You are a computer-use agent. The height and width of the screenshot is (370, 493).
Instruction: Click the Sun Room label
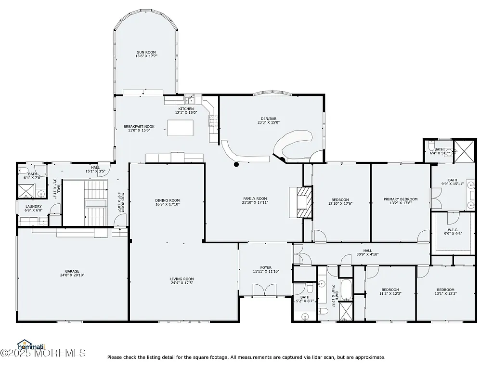[x=146, y=53]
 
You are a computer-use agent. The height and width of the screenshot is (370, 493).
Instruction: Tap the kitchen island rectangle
[x=180, y=128]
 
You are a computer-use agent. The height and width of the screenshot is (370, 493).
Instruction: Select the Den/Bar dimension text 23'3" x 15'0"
[x=269, y=122]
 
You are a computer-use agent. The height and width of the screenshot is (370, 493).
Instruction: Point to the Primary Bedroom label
[x=400, y=199]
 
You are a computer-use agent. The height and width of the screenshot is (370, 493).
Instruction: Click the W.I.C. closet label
[x=453, y=230]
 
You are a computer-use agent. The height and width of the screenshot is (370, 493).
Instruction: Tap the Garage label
[x=72, y=271]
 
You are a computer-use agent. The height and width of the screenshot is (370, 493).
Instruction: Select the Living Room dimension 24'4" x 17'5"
[x=182, y=283]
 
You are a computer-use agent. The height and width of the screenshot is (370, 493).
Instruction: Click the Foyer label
[x=266, y=267]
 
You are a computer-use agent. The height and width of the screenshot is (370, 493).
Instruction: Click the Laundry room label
[x=34, y=206]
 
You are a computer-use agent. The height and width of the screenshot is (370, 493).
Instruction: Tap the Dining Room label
[x=168, y=200]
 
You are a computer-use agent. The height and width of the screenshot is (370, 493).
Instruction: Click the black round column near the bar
[x=236, y=164]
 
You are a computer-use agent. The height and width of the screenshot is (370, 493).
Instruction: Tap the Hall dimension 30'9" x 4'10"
[x=367, y=254]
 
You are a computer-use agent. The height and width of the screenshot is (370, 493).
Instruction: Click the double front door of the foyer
[x=265, y=290]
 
